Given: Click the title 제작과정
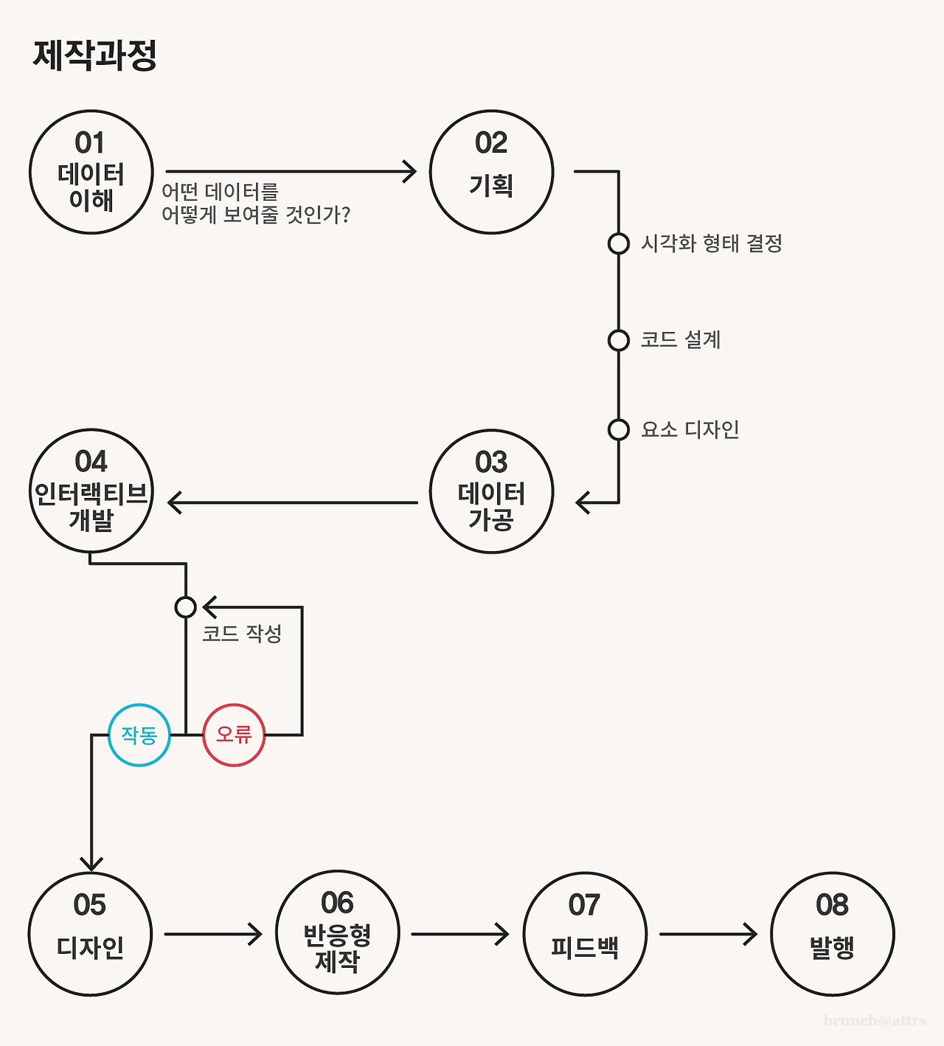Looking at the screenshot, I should [x=94, y=55].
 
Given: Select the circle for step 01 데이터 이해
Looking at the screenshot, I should [x=91, y=172].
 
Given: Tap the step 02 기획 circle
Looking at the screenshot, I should [x=491, y=172].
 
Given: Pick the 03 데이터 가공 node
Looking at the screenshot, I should [x=491, y=491].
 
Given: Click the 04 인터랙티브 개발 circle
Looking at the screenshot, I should [x=91, y=491].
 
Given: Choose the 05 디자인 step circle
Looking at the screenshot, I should [x=90, y=934].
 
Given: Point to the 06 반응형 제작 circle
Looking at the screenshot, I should [x=337, y=932].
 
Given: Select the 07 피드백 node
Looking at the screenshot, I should [x=585, y=934].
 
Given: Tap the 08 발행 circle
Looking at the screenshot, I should [x=832, y=934].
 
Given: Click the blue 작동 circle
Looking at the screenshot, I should [x=139, y=735].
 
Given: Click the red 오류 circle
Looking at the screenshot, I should [x=234, y=735].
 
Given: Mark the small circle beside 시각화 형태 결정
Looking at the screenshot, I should [x=619, y=243].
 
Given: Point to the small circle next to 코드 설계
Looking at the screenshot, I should [x=619, y=340].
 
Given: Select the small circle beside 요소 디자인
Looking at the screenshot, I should [x=619, y=429].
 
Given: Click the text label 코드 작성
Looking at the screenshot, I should [x=242, y=634].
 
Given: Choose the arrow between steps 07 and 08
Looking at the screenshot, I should [x=708, y=934].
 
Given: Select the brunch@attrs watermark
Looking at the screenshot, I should [x=875, y=1021].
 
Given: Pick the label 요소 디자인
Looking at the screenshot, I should [x=690, y=429].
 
